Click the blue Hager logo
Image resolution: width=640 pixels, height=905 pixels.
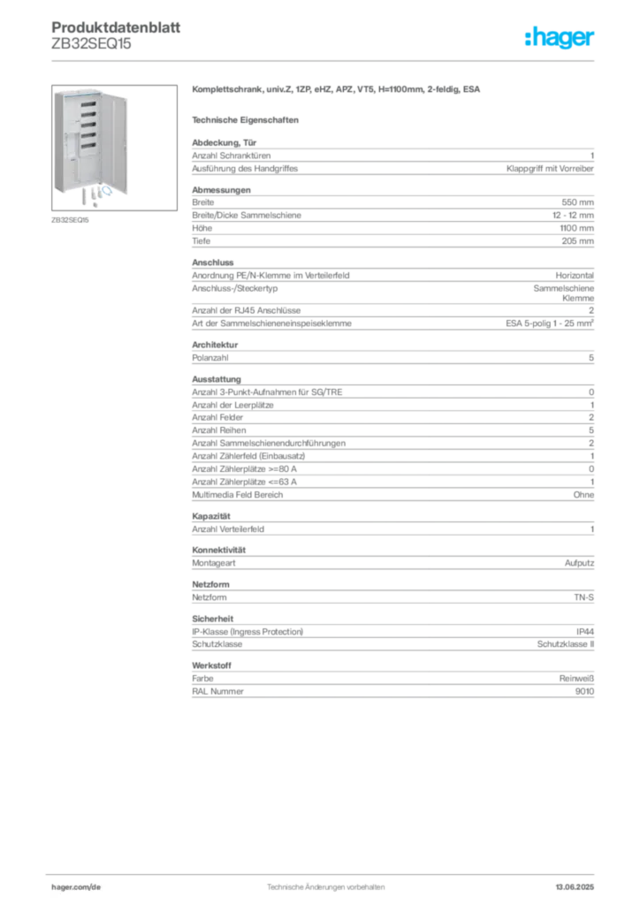coord(561,39)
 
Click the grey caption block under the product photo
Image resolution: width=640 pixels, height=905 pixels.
coord(70,219)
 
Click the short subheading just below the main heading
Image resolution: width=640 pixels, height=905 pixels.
coord(248,119)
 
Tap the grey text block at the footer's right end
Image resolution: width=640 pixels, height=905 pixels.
coord(580,882)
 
